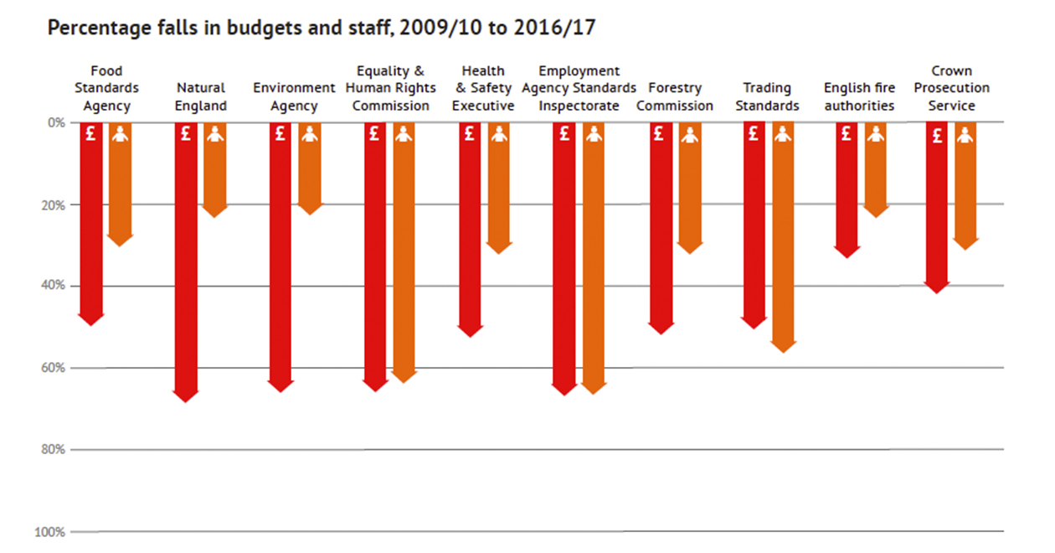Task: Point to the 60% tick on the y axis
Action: pos(54,368)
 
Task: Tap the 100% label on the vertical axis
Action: pos(51,532)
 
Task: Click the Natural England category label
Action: pos(201,96)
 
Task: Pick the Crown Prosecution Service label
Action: pos(951,88)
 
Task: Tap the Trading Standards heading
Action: pos(767,96)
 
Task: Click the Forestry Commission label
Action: pos(675,96)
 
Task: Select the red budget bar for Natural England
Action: pos(186,251)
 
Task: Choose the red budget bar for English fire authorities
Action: pos(847,184)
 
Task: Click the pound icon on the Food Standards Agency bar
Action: pos(91,133)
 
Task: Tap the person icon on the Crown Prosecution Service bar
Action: pos(965,134)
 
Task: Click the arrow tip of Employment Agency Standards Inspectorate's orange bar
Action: pos(594,390)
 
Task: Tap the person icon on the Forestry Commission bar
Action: pos(689,134)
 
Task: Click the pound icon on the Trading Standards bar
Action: pos(754,133)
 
